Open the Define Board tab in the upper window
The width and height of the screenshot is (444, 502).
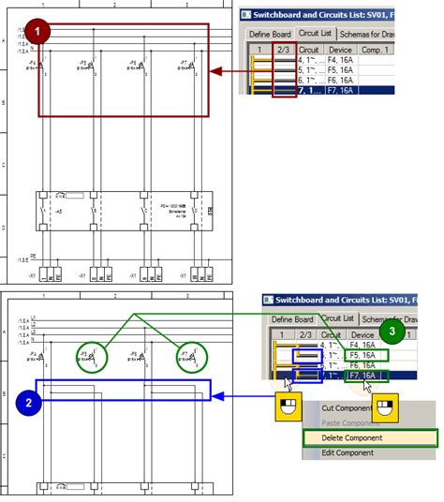point(266,33)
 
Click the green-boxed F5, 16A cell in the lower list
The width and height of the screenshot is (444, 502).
point(366,355)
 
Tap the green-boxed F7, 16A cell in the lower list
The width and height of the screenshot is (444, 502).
point(366,377)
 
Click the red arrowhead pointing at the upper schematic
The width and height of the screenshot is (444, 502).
point(215,70)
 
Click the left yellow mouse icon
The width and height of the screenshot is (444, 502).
point(287,407)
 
